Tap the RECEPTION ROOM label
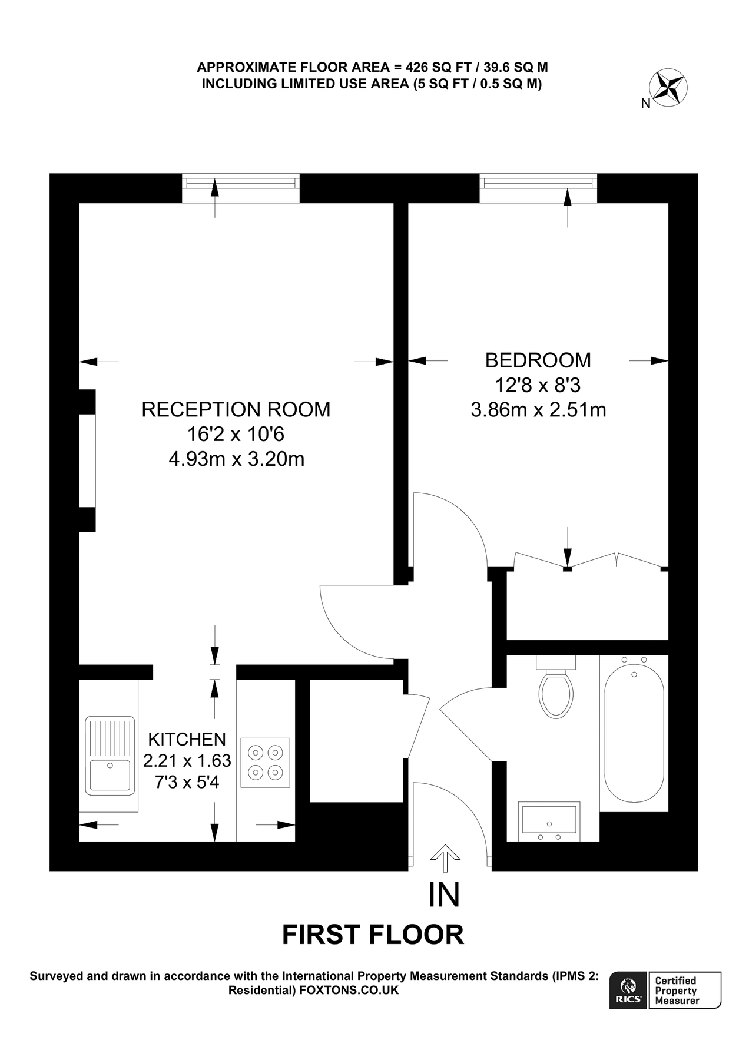coord(236,409)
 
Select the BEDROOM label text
coord(538,360)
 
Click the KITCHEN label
coord(187,739)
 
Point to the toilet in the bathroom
coord(555,689)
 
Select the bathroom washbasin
coord(549,821)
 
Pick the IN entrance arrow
coord(444,859)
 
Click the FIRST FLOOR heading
coord(373,935)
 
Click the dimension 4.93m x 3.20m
coord(236,459)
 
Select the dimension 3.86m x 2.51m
coord(538,409)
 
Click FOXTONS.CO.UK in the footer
coord(349,990)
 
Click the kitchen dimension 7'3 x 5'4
coord(187,782)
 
